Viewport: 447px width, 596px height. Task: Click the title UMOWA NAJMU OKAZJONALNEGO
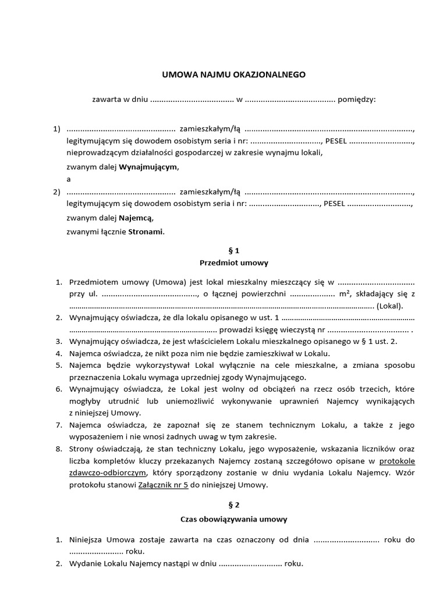(233, 75)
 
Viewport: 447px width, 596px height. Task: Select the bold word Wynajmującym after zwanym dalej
(149, 167)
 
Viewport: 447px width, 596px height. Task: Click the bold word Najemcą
(137, 219)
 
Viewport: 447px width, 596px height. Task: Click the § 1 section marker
(234, 251)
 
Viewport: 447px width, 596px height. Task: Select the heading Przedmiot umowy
(234, 263)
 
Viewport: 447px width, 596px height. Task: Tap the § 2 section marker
(234, 506)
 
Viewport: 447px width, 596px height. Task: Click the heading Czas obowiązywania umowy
(234, 519)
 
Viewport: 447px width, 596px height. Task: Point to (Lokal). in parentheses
(389, 306)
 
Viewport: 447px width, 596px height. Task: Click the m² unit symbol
(345, 294)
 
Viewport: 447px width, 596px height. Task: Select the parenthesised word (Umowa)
(169, 282)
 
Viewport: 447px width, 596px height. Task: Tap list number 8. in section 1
(58, 449)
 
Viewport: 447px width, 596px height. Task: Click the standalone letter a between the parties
(69, 179)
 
